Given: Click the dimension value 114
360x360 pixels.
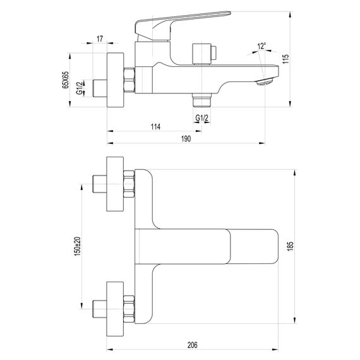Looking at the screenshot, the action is (155, 126).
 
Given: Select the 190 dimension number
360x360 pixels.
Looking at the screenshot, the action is (186, 139).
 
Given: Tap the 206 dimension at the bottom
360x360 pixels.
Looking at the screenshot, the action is (192, 345).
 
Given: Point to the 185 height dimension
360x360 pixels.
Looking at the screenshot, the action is (290, 246).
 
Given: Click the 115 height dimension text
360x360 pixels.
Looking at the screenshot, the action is (285, 59).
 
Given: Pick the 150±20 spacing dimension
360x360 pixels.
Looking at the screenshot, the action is (78, 246).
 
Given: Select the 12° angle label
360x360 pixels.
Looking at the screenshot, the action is (261, 46).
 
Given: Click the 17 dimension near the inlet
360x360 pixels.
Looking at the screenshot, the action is (100, 39).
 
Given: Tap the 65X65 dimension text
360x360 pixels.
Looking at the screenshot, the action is (65, 80).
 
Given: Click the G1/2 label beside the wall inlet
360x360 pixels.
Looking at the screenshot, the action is (79, 88).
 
